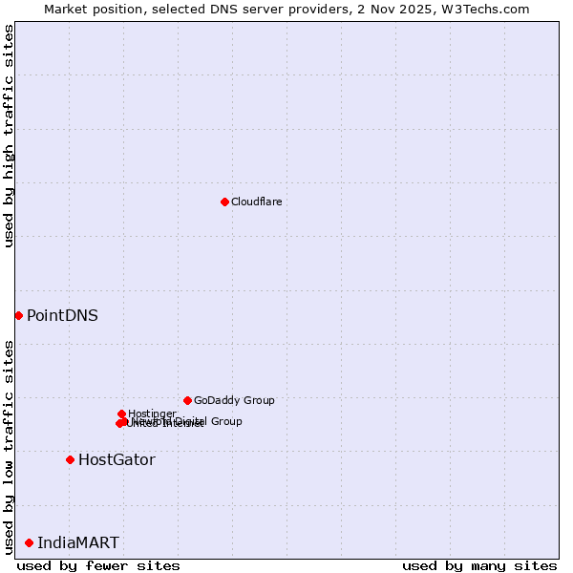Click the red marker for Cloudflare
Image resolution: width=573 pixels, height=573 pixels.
224,202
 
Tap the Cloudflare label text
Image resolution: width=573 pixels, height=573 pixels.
256,202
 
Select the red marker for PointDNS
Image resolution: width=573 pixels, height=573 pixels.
18,315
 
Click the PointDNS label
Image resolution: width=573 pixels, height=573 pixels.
62,315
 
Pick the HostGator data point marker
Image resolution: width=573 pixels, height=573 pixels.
70,459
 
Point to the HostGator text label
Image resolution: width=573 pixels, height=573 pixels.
117,459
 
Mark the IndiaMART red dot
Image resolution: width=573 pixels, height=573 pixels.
29,542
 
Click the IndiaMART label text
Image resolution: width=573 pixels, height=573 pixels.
78,542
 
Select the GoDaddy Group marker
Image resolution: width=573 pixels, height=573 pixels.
187,400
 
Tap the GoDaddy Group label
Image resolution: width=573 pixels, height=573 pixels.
234,400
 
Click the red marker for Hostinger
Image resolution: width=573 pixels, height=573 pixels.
121,414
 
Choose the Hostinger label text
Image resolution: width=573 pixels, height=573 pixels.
152,414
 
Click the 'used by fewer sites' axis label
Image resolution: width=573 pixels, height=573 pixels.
98,565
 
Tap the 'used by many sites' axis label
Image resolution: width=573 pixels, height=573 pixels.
478,565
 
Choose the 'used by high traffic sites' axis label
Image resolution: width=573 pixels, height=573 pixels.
9,136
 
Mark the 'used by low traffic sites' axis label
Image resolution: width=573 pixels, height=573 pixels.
9,446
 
